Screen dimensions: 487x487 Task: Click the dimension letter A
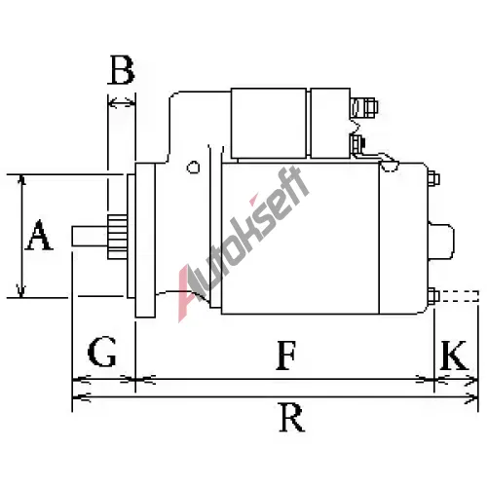tap(39, 235)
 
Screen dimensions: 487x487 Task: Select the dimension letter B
tap(122, 69)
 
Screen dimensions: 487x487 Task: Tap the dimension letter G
tap(102, 352)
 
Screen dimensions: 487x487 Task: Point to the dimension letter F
tap(286, 356)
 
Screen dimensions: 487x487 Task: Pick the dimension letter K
tap(454, 356)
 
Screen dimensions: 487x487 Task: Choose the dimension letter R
tap(292, 418)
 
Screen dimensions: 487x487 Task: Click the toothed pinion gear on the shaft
tap(117, 237)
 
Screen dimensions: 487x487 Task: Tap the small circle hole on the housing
tap(193, 168)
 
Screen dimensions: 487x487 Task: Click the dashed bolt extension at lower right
tap(459, 296)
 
